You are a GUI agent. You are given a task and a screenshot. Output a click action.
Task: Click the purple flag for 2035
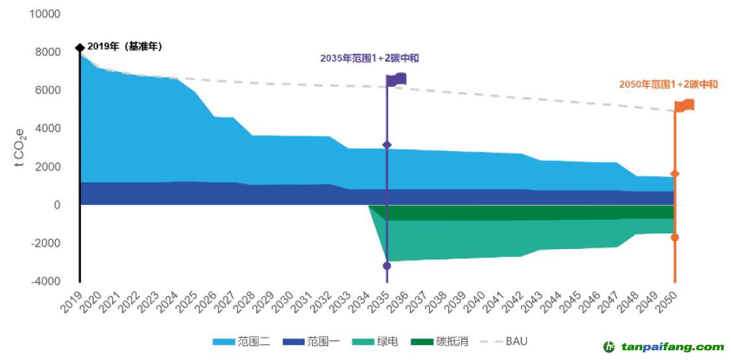(x=396, y=80)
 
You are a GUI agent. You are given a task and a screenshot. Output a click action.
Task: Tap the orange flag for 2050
(x=684, y=105)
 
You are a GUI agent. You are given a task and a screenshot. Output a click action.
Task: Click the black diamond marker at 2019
(x=80, y=47)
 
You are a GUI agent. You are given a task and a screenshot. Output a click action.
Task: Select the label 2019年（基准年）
(x=125, y=47)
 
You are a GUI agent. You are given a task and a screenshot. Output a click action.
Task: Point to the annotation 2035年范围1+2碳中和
(x=369, y=58)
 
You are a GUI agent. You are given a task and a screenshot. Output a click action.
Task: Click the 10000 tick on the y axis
(x=45, y=14)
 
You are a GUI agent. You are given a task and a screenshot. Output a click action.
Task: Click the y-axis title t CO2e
(x=20, y=147)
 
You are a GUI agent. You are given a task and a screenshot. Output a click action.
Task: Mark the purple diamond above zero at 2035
(x=387, y=145)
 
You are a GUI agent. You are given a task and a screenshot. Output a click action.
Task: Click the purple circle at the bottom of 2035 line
(x=387, y=266)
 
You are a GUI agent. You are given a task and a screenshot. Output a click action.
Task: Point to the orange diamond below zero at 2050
(x=675, y=237)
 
